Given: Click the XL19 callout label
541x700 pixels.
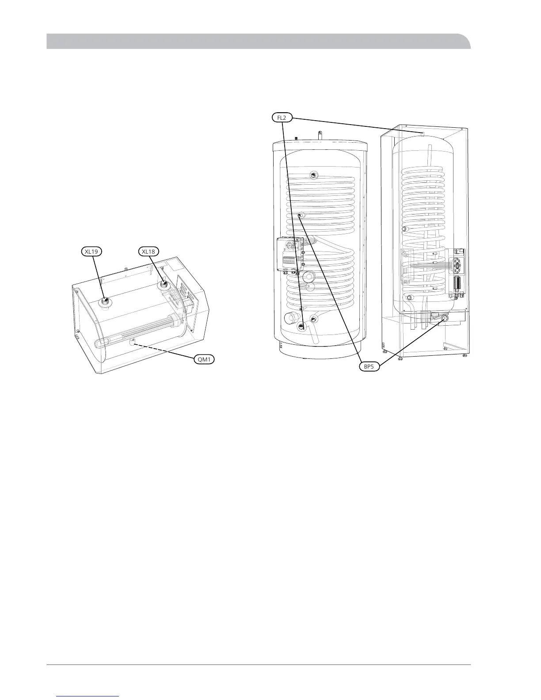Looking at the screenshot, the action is click(92, 251).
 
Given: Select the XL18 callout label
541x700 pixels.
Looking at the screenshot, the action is click(148, 251).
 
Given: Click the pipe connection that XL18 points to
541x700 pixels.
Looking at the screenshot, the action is click(164, 283).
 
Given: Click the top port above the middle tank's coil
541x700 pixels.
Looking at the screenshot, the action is click(313, 174).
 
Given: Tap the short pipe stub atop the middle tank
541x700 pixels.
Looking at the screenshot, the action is click(320, 133).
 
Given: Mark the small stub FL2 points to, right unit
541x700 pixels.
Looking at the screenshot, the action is click(423, 133).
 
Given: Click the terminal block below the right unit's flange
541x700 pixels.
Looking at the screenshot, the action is click(457, 294).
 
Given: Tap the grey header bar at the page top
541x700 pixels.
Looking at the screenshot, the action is click(259, 41).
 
